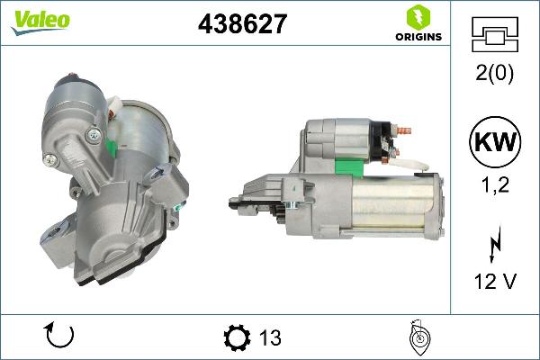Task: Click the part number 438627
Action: [x=242, y=24]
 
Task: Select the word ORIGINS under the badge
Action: [x=417, y=38]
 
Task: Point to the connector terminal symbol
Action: [x=494, y=36]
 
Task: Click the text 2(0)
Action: [x=494, y=75]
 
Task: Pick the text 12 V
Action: [x=494, y=282]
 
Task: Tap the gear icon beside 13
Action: [x=236, y=337]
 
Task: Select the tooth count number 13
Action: [x=270, y=338]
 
